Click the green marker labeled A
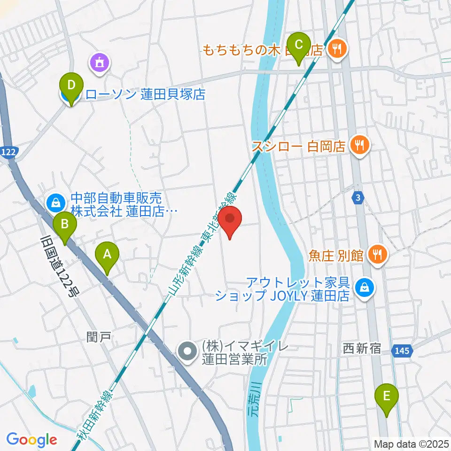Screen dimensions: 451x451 (x=107, y=256)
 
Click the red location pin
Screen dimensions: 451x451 (x=230, y=221)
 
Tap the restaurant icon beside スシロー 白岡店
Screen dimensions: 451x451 (x=359, y=144)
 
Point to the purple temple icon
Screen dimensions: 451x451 (x=100, y=62)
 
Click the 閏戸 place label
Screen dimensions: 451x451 (x=98, y=336)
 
